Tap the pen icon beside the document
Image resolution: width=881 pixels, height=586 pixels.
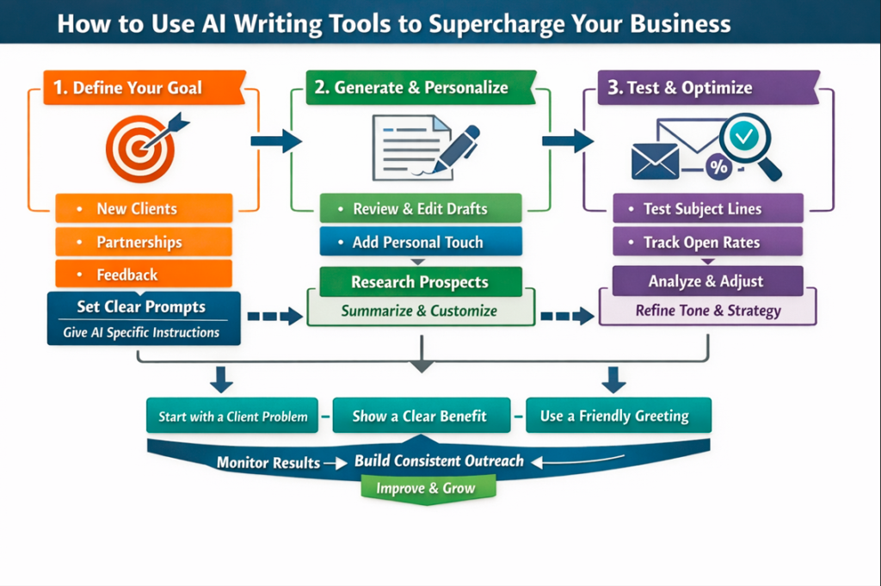[x=454, y=148]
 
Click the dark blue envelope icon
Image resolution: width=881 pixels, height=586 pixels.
[x=656, y=161]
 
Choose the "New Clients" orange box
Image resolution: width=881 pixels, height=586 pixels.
[x=144, y=208]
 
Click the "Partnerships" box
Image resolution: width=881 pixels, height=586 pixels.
[x=144, y=242]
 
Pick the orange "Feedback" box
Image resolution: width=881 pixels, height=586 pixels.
[x=144, y=274]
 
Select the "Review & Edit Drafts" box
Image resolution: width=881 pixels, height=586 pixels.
[x=421, y=209]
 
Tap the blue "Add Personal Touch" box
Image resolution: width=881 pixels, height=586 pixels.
[x=421, y=242]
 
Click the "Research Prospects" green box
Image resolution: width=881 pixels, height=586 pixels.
[x=421, y=282]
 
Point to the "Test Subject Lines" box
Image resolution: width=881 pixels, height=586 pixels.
[x=707, y=209]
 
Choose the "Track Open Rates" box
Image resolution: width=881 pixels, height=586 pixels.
[x=707, y=242]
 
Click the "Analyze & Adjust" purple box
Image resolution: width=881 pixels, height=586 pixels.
[x=707, y=281]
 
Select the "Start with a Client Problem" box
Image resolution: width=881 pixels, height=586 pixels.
[x=233, y=416]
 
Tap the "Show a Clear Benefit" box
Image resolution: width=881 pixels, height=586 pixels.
[x=420, y=416]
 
